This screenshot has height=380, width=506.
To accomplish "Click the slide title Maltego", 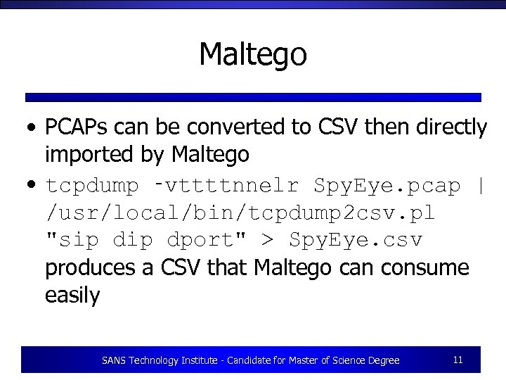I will point(253,54).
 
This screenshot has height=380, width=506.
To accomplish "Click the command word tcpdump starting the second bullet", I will point(92,186).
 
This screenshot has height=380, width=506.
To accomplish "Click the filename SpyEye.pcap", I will point(387,186).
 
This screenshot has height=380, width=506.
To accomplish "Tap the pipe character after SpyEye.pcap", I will point(481,186).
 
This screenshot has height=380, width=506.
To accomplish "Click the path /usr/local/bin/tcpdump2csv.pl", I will point(240,213).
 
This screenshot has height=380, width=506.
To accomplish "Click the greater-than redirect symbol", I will point(267,241).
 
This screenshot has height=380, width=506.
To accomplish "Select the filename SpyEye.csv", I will point(356,240).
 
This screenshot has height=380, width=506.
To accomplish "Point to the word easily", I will point(72,295).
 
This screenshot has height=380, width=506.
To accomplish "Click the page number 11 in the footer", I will point(458,360).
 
